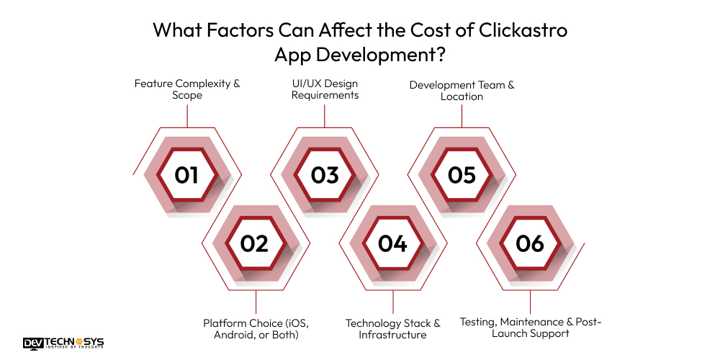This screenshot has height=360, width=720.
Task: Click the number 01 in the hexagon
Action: coord(186,175)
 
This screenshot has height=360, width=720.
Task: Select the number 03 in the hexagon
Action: coord(324,175)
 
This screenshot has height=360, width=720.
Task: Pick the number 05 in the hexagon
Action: coord(462,175)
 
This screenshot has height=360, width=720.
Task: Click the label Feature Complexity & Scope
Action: coord(187,89)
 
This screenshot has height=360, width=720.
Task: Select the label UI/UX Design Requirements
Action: coord(325,89)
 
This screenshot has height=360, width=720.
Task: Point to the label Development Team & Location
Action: coord(462,90)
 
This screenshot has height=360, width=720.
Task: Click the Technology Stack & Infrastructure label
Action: coord(392,328)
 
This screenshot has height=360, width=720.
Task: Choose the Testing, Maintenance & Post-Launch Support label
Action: coord(530,328)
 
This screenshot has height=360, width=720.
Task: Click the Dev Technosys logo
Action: coord(63,343)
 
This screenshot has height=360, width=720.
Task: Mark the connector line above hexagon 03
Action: coord(324,115)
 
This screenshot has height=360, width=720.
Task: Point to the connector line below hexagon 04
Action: coord(392,302)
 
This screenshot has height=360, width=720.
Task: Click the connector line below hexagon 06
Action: coord(530,302)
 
